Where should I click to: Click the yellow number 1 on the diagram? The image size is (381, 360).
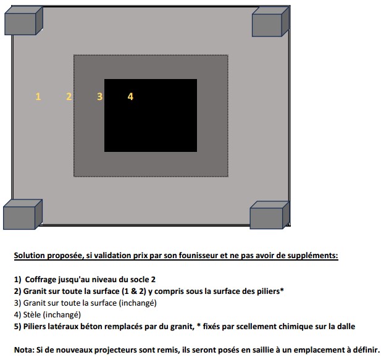click(38, 96)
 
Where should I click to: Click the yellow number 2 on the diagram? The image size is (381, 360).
click(69, 96)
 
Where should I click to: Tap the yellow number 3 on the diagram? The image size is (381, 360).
click(99, 96)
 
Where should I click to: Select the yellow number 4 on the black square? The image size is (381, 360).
click(130, 96)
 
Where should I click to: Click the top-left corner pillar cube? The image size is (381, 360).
click(23, 20)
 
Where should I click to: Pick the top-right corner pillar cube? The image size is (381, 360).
click(270, 22)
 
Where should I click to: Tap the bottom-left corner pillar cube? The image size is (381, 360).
click(23, 214)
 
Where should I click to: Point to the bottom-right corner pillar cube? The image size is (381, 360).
click(270, 215)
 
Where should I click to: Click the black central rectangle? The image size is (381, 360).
click(151, 115)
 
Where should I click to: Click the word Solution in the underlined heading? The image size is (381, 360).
click(30, 256)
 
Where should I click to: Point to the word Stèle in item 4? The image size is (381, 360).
click(32, 314)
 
